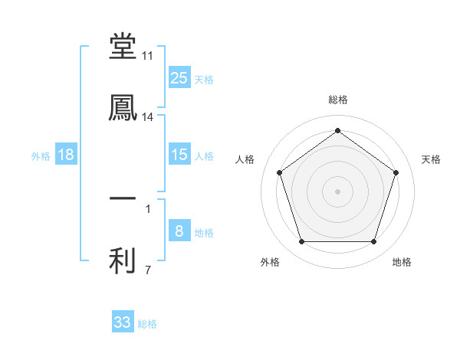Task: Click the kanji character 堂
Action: coord(123,47)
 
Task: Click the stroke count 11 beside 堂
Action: coord(148,56)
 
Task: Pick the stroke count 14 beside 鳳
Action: coord(148,117)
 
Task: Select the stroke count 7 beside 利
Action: coord(148,270)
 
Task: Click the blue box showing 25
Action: coord(179,77)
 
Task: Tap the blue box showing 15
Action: coord(179,155)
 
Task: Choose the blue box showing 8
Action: coord(179,231)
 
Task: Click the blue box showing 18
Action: coord(66,155)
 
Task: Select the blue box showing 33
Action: coord(123,322)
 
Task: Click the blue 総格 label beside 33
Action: coord(147,324)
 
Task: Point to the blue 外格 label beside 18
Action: coord(41,156)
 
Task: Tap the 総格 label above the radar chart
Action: coord(338,100)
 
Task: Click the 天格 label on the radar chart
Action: coord(432,159)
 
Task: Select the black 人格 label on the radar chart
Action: coord(245,159)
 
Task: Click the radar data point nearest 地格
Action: coord(374,242)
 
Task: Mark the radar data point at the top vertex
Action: coord(338,130)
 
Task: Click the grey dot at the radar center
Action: coord(338,191)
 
